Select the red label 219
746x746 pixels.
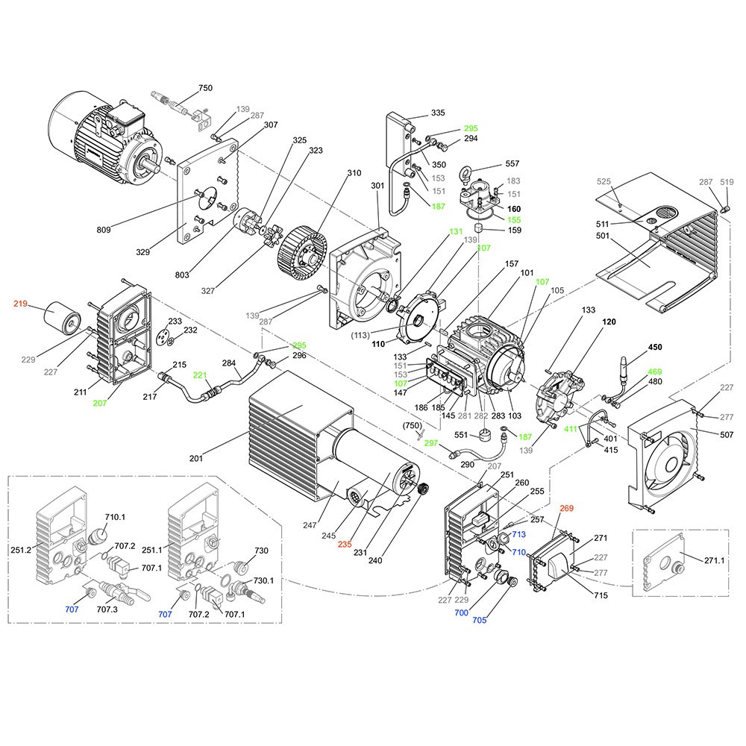tap(20, 304)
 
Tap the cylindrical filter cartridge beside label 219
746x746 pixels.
tap(60, 318)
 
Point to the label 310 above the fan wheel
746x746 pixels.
tap(354, 174)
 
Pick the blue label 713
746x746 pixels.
tap(519, 534)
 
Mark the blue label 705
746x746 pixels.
tap(479, 619)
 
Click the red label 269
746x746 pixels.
tap(566, 508)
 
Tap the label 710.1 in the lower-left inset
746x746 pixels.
tap(116, 516)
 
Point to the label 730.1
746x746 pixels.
tap(264, 580)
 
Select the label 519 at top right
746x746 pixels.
tap(727, 182)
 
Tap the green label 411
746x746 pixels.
tap(570, 429)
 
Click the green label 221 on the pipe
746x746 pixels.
tap(200, 374)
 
